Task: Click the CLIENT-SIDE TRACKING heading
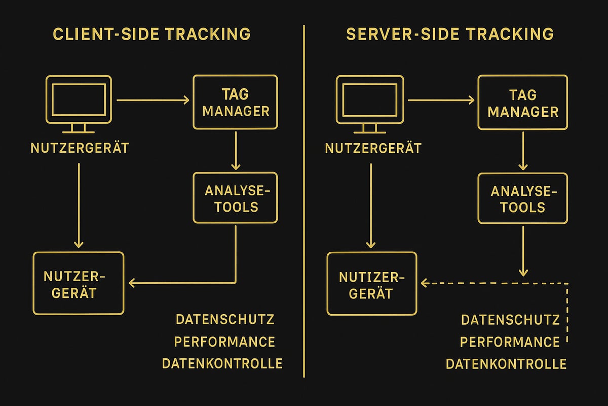(151, 34)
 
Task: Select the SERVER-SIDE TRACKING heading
(450, 34)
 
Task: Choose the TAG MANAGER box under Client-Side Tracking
(235, 102)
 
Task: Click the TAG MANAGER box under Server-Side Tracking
(523, 102)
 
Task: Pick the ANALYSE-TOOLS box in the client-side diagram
(235, 198)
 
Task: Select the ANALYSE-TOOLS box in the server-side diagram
(523, 198)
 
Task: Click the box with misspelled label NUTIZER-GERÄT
(372, 283)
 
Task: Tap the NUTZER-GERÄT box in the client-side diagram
(78, 283)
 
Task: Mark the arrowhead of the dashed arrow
(425, 283)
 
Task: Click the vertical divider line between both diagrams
(304, 203)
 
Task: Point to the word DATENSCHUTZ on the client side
(225, 319)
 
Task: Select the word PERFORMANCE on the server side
(510, 342)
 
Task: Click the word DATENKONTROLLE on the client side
(222, 363)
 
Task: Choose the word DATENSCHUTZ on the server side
(510, 320)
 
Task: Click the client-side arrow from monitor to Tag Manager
(152, 100)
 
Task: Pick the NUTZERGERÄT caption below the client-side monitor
(80, 148)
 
